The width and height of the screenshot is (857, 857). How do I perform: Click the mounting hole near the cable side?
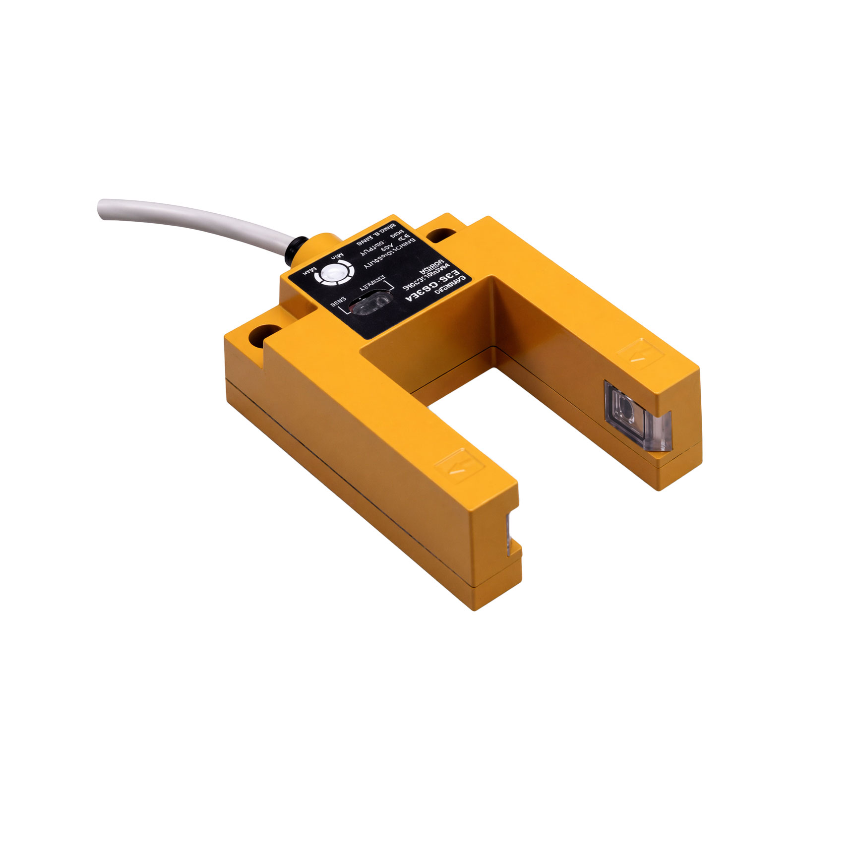point(266,330)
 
